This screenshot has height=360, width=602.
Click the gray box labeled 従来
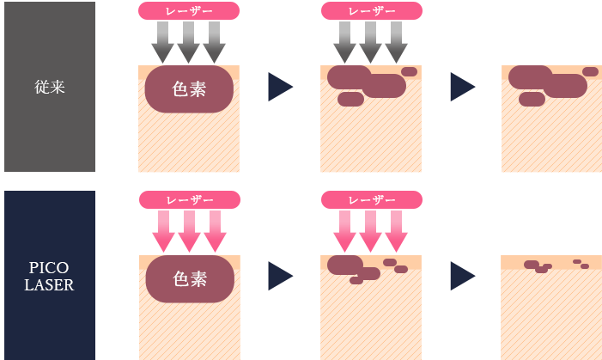tap(49, 87)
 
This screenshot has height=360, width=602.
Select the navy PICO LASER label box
tap(49, 274)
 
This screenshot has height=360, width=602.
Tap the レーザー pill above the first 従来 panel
tap(189, 11)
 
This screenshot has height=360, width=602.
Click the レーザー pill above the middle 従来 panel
tap(371, 11)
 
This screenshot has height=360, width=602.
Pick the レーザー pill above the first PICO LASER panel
tap(189, 200)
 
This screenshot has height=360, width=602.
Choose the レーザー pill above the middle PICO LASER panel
tap(371, 200)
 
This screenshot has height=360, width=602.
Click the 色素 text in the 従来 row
tap(189, 88)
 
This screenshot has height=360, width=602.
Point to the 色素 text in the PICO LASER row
tap(189, 278)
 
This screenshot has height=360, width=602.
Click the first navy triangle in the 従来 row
tap(279, 86)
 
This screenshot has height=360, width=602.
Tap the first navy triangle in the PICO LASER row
tap(279, 276)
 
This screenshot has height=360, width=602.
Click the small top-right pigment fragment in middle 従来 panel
tap(409, 71)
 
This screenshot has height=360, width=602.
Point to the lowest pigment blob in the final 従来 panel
tap(532, 99)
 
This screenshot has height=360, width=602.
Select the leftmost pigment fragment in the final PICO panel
tap(532, 265)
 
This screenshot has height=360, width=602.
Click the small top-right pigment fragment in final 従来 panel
tap(590, 71)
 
